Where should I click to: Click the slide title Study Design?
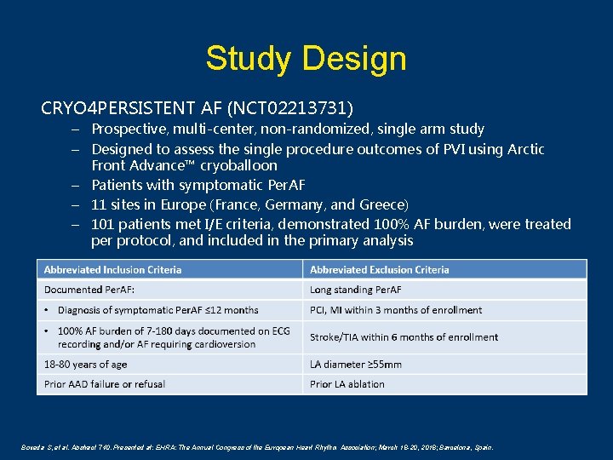pyautogui.click(x=306, y=59)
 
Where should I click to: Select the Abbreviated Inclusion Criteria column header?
pyautogui.click(x=113, y=270)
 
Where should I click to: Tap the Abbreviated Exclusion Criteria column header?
pyautogui.click(x=380, y=270)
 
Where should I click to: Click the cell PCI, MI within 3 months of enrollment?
pyautogui.click(x=396, y=310)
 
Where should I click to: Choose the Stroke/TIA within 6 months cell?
pyautogui.click(x=404, y=337)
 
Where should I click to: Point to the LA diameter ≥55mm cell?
pyautogui.click(x=356, y=365)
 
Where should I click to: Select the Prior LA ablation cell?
pyautogui.click(x=347, y=384)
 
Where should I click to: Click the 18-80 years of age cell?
pyautogui.click(x=86, y=365)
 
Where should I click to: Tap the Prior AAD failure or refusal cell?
pyautogui.click(x=105, y=384)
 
